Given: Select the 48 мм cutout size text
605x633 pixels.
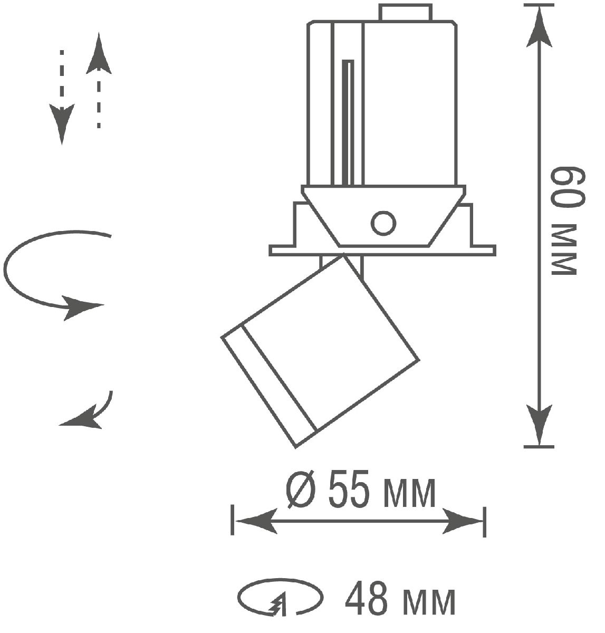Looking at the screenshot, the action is pyautogui.click(x=400, y=599).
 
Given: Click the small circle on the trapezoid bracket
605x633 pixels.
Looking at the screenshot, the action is pyautogui.click(x=383, y=223).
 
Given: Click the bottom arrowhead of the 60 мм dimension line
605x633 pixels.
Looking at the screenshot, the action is pyautogui.click(x=539, y=425).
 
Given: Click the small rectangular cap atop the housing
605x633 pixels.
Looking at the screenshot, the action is pyautogui.click(x=405, y=13).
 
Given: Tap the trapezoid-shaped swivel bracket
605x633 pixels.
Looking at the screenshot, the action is pyautogui.click(x=383, y=216).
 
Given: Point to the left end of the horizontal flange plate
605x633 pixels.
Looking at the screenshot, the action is pyautogui.click(x=271, y=251).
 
